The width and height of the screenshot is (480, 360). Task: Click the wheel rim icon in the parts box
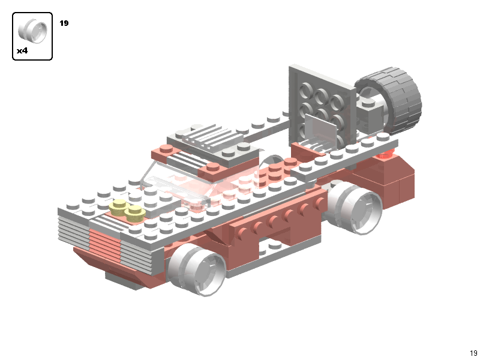32,30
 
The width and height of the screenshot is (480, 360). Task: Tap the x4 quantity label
22,50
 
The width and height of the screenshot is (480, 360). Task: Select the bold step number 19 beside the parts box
64,23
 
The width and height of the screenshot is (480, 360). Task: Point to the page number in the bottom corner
473,353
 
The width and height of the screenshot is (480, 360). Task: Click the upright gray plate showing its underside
322,106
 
